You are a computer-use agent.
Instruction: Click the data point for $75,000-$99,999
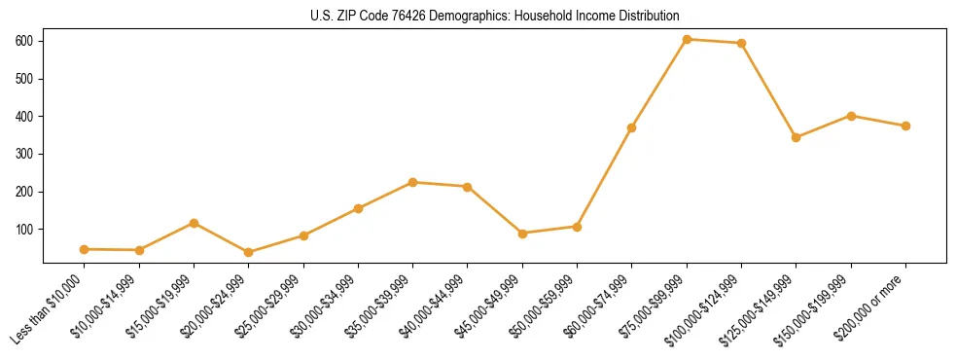687,39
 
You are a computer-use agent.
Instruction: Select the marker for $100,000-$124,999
742,43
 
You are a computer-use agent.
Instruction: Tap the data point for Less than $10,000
85,249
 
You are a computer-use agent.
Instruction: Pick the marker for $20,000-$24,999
249,252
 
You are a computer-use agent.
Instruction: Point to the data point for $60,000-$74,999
632,127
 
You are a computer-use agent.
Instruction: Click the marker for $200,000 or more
905,126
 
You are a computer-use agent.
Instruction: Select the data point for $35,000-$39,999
413,182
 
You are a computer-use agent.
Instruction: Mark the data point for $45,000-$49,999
522,234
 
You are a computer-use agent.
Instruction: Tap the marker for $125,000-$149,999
797,137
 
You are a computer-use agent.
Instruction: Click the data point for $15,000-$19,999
194,223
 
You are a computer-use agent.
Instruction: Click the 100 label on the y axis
28,230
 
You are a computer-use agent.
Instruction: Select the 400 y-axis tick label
28,117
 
